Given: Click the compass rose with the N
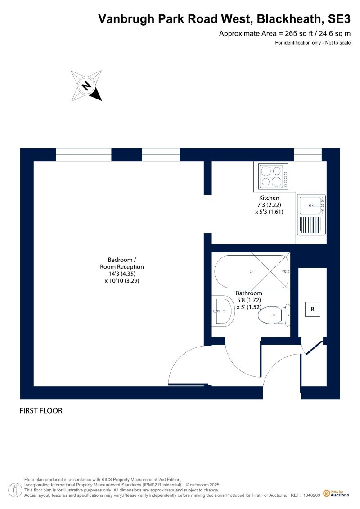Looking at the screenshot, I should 86,86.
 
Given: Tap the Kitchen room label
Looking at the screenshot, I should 269,198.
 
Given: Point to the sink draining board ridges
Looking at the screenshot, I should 311,226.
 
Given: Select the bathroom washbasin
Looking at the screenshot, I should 222,311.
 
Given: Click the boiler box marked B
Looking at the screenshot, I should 312,310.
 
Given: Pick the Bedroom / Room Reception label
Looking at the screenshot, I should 122,263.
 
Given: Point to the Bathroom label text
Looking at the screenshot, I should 249,293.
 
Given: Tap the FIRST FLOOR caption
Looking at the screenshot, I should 41,411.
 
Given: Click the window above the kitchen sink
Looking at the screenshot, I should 308,154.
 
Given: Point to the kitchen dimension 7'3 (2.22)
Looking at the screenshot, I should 269,204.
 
